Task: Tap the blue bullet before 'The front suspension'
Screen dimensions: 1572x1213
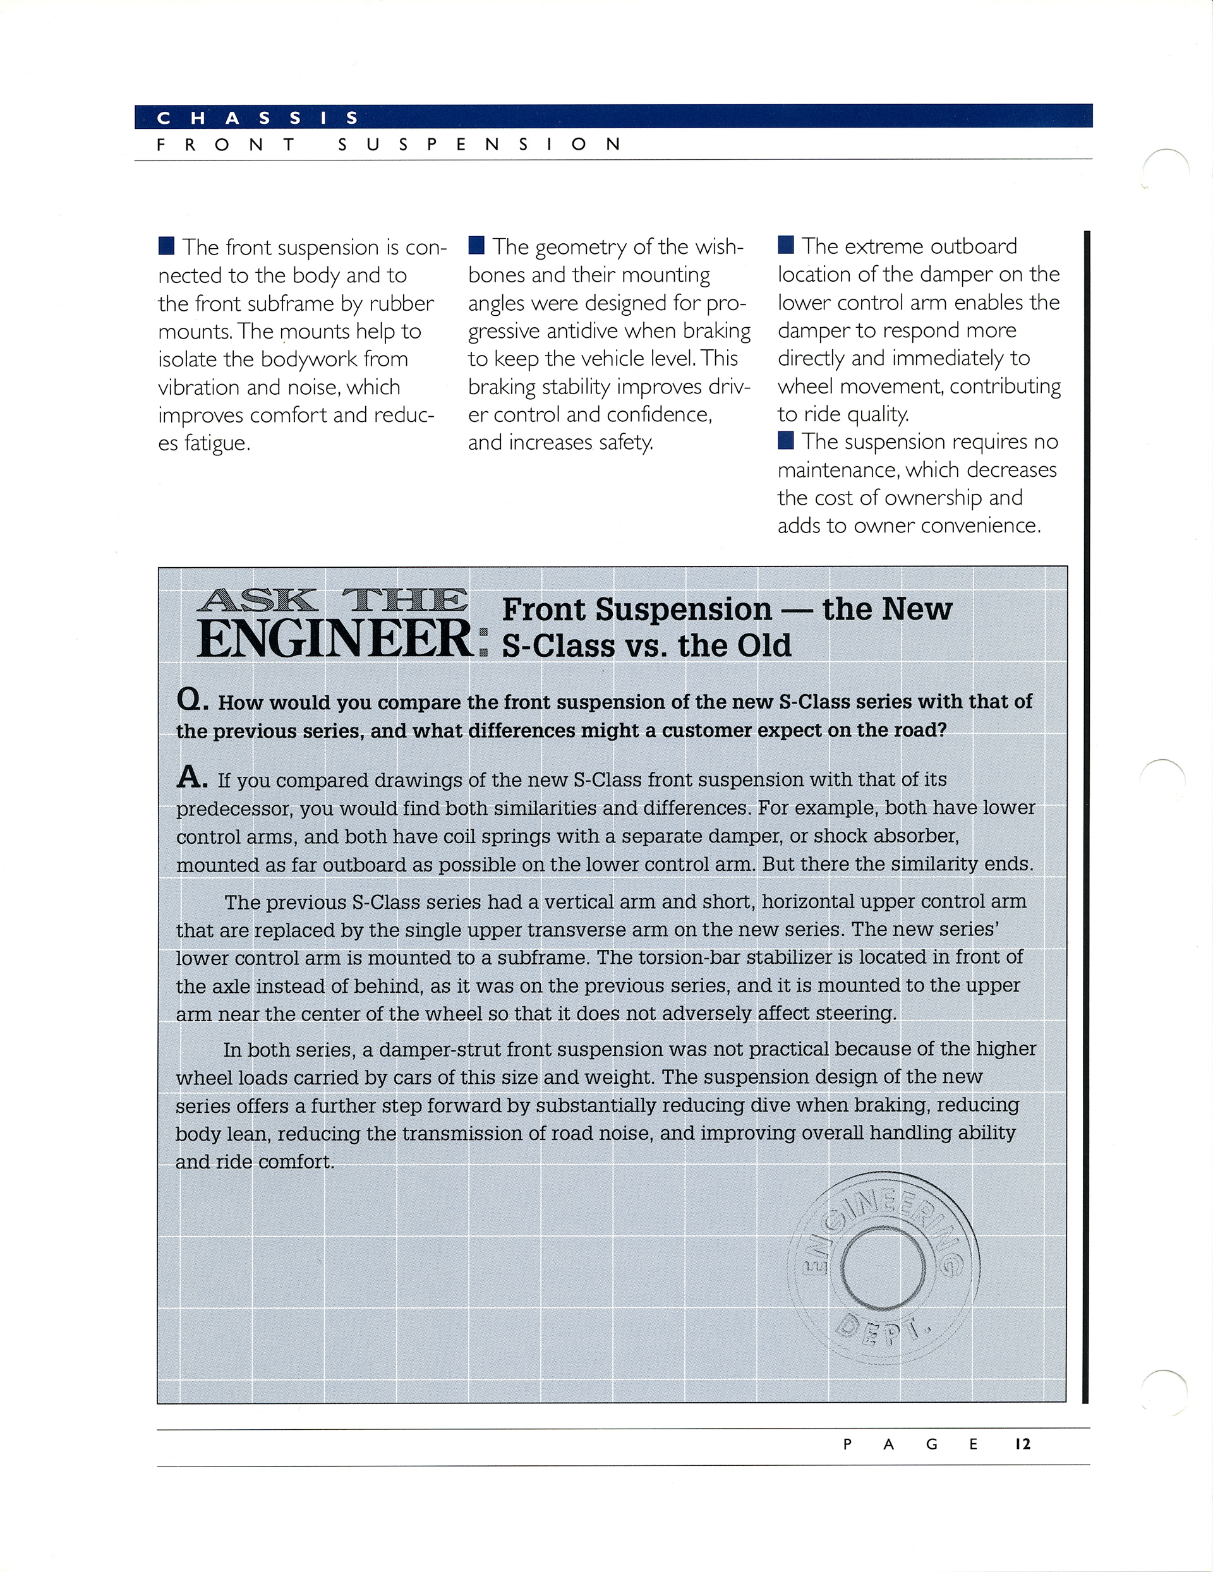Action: pyautogui.click(x=166, y=247)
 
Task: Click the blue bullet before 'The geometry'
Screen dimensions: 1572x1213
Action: pyautogui.click(x=476, y=246)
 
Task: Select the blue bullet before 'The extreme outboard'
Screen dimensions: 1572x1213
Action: pyautogui.click(x=786, y=246)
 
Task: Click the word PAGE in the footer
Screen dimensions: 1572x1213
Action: pyautogui.click(x=910, y=1444)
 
